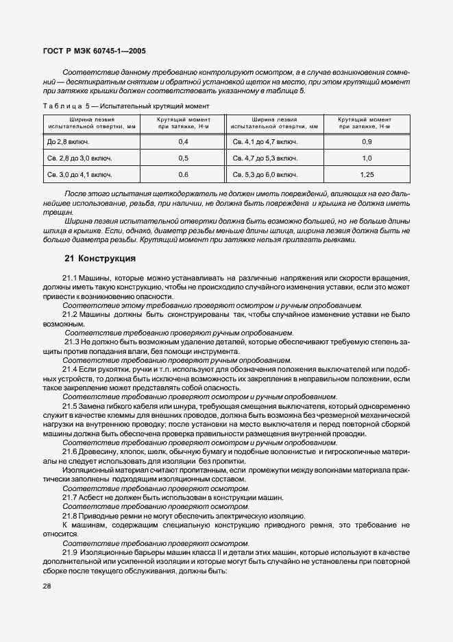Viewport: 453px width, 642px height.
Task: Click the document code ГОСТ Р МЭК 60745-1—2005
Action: (94, 51)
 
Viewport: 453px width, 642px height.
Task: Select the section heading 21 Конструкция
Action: (100, 259)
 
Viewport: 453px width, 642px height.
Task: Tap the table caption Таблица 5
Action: (62, 106)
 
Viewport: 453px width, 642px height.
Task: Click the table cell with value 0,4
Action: (183, 141)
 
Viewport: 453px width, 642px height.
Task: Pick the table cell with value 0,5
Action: (183, 158)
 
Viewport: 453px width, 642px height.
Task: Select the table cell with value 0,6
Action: (183, 175)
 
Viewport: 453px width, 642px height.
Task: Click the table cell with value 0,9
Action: (367, 141)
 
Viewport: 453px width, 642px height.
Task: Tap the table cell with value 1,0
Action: (367, 158)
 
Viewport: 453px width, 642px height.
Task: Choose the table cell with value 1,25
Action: (367, 175)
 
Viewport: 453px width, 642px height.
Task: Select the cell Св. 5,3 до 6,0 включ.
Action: (265, 175)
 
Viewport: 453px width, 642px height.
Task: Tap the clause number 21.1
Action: (71, 278)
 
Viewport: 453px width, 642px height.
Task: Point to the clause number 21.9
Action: (71, 552)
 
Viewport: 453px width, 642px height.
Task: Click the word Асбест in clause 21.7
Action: (93, 497)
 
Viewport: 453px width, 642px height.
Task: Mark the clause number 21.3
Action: (73, 341)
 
